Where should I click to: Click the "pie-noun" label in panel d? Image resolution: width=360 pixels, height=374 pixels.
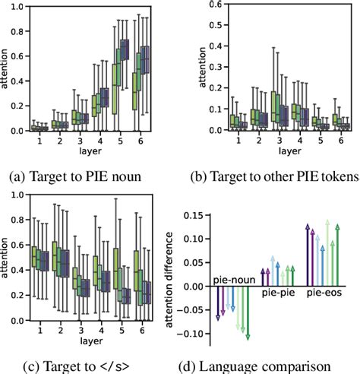point(231,280)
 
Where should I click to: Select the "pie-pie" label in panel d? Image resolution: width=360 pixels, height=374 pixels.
point(276,292)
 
